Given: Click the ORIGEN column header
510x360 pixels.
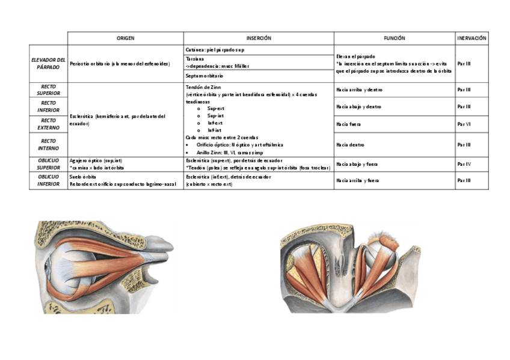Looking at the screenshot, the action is pyautogui.click(x=125, y=38).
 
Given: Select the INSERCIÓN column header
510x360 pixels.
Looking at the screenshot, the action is pyautogui.click(x=259, y=38).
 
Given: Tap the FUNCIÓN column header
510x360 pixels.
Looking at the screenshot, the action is pyautogui.click(x=394, y=38).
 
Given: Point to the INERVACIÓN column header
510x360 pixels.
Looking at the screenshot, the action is pyautogui.click(x=472, y=38).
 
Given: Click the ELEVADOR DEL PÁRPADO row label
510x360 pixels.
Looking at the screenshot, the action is pyautogui.click(x=48, y=63).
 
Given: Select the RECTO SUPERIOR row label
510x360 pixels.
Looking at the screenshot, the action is pyautogui.click(x=48, y=90).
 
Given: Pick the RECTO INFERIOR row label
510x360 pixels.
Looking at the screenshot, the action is pyautogui.click(x=48, y=106).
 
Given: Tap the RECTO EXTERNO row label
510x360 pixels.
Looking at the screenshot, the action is pyautogui.click(x=48, y=124).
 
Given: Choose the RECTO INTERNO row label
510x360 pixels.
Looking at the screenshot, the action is pyautogui.click(x=48, y=144).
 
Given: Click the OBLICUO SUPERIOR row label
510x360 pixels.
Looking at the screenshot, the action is pyautogui.click(x=48, y=163).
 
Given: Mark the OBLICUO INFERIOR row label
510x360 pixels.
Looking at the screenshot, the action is pyautogui.click(x=48, y=180).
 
